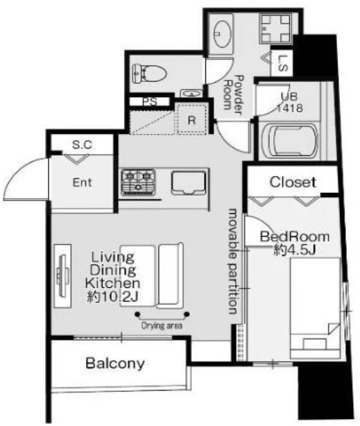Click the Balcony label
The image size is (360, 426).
pos(115,364)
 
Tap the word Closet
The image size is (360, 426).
pos(293,182)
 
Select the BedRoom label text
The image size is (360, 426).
pos(295,237)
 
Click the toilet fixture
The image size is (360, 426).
pos(149,73)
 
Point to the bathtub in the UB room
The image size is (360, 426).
pos(290,142)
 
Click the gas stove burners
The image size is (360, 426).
pos(138,182)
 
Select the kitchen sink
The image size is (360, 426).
pos(188,182)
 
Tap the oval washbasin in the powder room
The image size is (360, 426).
pos(223,35)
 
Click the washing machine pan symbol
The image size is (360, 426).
pos(276,28)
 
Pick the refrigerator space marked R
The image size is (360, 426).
pos(192,119)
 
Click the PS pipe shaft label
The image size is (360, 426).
pos(150,101)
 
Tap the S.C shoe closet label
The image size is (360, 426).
pos(82,145)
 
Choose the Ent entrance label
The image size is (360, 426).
pos(83,182)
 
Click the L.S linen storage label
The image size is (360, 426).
pos(283,63)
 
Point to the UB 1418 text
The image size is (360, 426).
pos(289,103)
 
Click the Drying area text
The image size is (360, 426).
pos(162,325)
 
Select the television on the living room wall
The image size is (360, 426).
pos(62,276)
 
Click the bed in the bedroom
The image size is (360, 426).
pos(315,308)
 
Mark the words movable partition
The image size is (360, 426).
pos(233,261)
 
